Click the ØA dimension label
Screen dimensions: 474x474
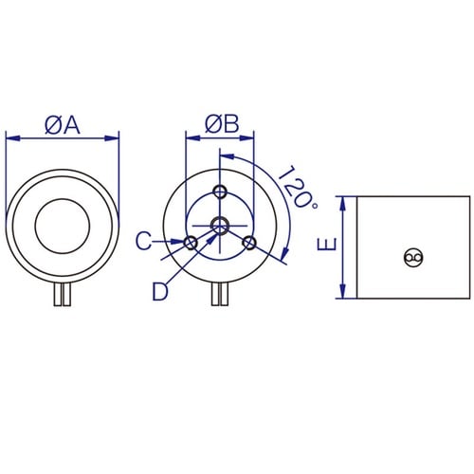tap(63, 124)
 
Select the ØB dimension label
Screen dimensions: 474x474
tap(221, 124)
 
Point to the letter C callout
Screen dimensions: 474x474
tap(142, 243)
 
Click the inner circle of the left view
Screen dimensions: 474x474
tap(63, 227)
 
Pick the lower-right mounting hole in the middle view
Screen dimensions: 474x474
tap(249, 244)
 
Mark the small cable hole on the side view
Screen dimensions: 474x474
tap(412, 256)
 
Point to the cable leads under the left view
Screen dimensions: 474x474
tap(63, 296)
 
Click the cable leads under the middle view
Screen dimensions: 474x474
tap(220, 296)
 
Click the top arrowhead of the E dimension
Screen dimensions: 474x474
tap(341, 201)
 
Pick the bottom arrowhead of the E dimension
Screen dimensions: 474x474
tap(341, 292)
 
